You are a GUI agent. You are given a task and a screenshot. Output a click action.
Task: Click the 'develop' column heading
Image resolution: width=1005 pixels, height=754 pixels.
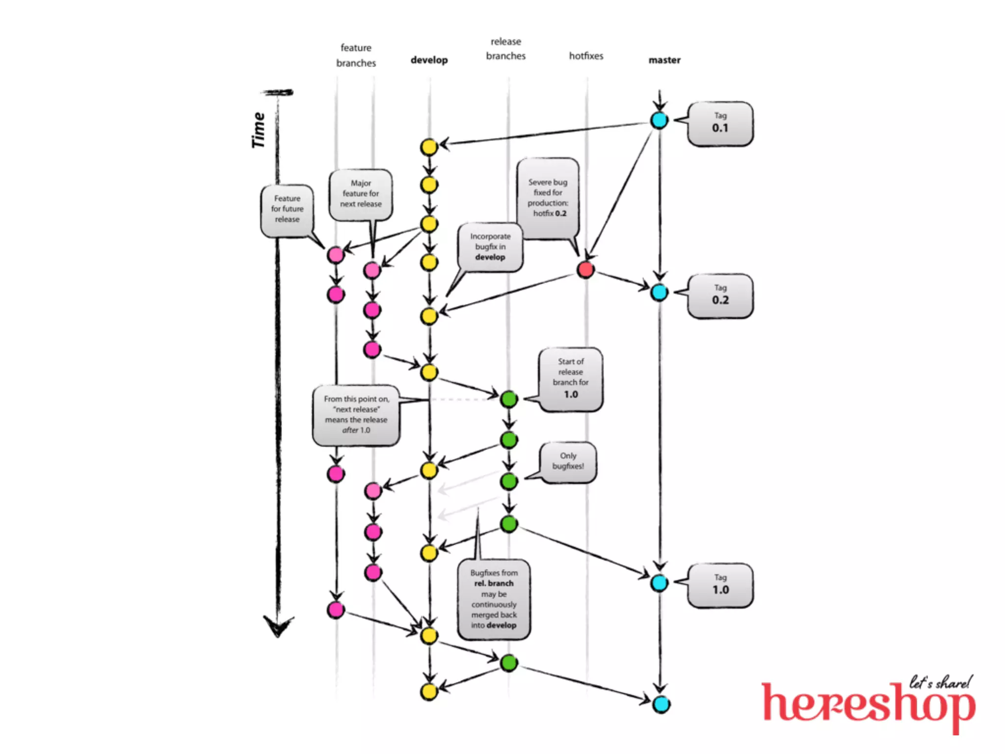[429, 60]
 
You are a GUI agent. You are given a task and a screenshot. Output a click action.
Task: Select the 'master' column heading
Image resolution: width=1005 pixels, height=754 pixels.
[664, 60]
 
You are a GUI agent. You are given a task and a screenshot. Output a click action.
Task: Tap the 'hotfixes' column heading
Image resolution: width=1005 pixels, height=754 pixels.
[586, 56]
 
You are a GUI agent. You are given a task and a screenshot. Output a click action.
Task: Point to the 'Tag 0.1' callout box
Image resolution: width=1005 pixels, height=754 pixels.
[720, 123]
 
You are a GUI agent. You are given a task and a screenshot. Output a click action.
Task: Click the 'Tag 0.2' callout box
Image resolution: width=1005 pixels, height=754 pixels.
[720, 296]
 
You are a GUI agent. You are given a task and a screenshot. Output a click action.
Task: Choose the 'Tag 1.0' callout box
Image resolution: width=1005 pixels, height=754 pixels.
[720, 585]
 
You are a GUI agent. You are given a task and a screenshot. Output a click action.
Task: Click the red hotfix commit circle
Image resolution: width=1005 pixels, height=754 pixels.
[585, 269]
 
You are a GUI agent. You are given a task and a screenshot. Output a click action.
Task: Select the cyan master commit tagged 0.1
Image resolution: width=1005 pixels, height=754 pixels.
[659, 120]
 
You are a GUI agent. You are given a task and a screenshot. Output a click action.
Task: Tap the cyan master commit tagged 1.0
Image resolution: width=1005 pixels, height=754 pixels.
[659, 583]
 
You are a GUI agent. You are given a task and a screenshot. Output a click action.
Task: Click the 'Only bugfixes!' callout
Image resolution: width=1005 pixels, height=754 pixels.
[568, 461]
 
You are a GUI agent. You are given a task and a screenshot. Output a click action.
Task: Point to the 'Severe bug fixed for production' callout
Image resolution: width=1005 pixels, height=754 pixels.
[548, 198]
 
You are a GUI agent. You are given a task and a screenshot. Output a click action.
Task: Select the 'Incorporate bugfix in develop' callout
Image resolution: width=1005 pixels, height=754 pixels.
[490, 247]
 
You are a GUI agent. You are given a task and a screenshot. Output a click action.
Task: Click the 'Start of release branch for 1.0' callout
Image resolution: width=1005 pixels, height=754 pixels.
[570, 378]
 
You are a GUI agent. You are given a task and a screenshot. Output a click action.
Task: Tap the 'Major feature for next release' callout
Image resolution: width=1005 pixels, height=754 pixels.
[361, 194]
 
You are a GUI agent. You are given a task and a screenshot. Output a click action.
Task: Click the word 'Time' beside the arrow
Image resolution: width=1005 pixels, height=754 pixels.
[258, 130]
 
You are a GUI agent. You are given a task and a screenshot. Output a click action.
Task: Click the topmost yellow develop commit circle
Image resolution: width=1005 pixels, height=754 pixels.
[429, 147]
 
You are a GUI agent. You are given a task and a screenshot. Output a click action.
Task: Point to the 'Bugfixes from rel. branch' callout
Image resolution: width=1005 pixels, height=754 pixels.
[494, 599]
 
